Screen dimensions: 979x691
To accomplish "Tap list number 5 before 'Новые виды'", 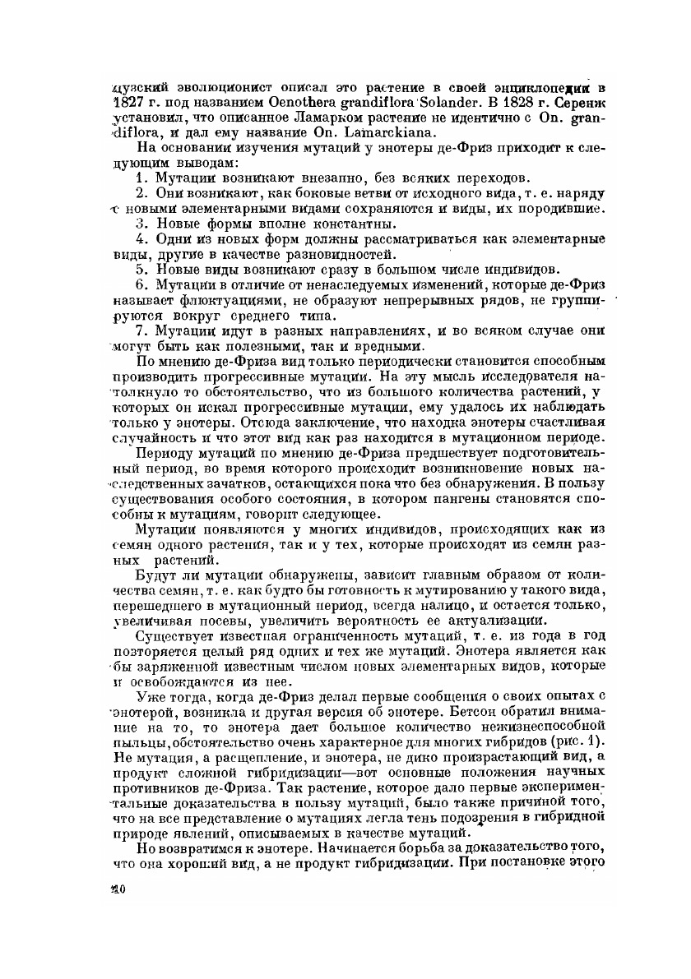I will tap(141, 269).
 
